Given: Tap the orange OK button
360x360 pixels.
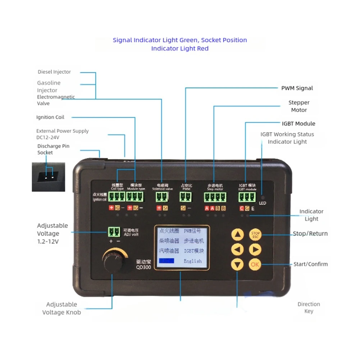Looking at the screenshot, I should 255,265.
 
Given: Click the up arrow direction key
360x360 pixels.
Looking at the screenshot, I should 237,235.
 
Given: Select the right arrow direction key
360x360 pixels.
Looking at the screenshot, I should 255,249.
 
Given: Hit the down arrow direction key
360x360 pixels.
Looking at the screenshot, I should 237,265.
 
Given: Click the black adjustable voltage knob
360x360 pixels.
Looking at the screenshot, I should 114,262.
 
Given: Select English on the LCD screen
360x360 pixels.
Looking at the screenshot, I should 193,261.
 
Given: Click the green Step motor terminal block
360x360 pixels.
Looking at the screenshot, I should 215,197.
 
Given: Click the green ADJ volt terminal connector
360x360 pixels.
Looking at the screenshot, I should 114,231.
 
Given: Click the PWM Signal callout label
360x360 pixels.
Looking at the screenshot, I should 297,88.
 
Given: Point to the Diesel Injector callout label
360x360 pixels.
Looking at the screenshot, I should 54,72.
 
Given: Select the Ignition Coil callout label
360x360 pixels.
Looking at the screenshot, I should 50,117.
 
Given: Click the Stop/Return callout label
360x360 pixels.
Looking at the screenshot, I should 310,233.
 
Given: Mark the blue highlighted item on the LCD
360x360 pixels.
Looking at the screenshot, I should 167,261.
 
